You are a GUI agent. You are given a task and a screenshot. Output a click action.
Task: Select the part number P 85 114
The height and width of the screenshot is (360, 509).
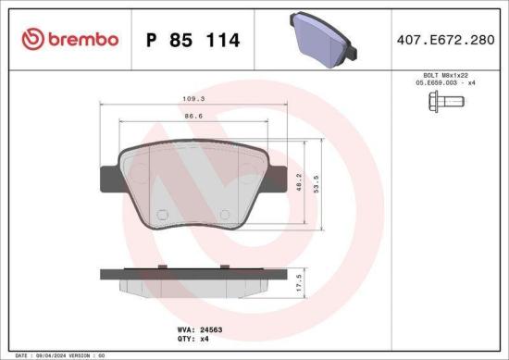click(193, 40)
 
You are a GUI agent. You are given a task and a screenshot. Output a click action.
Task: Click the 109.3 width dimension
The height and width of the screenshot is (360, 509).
click(192, 97)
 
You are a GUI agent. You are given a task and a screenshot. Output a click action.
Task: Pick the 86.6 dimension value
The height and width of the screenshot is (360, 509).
click(192, 118)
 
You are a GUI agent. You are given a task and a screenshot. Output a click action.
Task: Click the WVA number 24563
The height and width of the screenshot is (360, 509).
click(215, 329)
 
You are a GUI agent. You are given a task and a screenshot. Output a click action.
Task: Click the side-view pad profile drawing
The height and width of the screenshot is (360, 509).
click(192, 279)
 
